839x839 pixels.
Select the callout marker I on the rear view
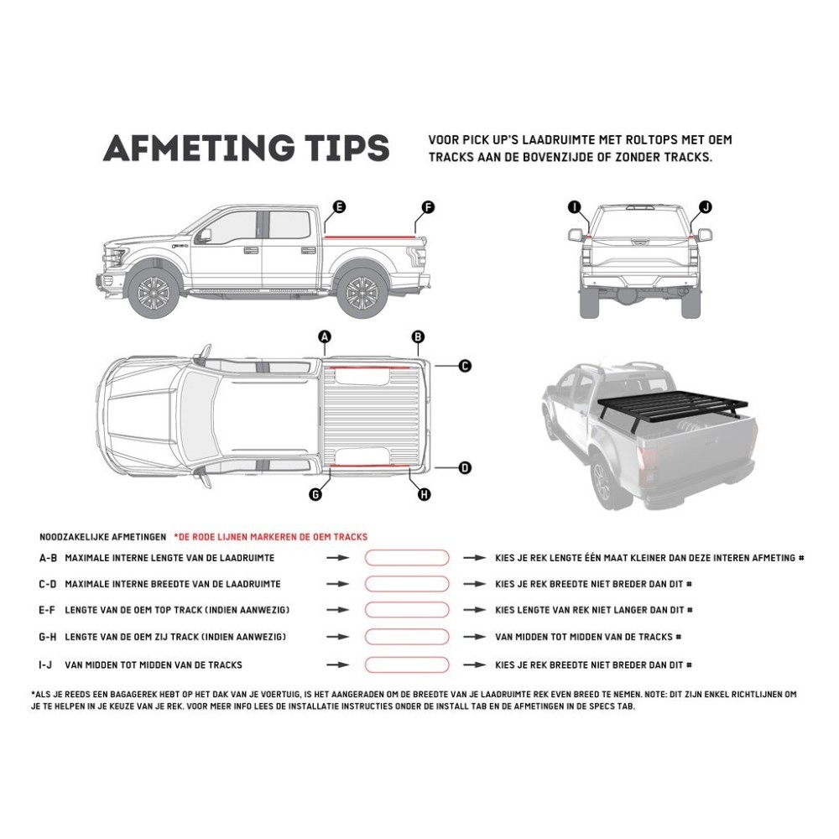(x=574, y=206)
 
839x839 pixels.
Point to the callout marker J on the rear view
(x=705, y=206)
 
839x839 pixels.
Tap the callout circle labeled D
(x=465, y=468)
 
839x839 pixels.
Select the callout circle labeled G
(x=315, y=495)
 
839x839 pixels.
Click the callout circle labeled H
(x=424, y=495)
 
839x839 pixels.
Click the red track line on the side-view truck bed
(x=373, y=237)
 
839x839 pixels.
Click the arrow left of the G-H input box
(x=338, y=638)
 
